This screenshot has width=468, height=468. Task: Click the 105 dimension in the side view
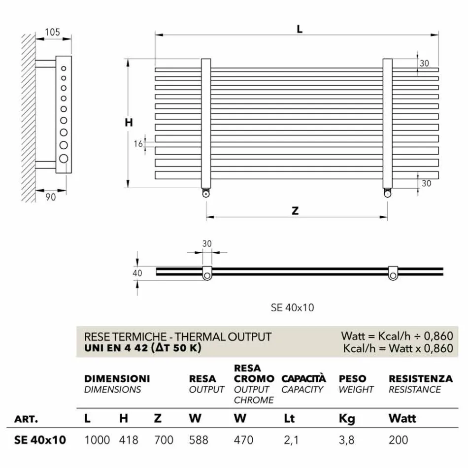tap(52, 33)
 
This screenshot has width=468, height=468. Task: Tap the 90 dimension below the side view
tap(51, 197)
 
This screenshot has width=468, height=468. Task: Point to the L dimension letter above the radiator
tap(299, 29)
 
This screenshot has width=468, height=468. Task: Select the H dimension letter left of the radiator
tap(129, 123)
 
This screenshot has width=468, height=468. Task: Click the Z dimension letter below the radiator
tap(295, 211)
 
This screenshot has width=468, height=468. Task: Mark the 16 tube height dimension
tap(138, 144)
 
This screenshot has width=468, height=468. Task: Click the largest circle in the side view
tap(64, 158)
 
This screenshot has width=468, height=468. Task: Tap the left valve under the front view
tap(205, 194)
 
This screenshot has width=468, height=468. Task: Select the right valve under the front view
tap(388, 194)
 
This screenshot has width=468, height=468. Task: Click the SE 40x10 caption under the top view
tap(292, 308)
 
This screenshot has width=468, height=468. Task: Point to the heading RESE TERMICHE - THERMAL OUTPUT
tap(178, 337)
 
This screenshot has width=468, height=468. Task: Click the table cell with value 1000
tap(97, 439)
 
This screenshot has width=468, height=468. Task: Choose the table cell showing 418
tap(129, 439)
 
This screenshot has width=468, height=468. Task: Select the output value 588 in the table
tap(199, 439)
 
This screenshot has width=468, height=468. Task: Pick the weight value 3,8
tap(346, 439)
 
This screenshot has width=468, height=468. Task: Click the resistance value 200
tap(398, 439)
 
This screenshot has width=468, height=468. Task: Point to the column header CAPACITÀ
tap(303, 379)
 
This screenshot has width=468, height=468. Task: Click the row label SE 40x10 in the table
tap(40, 439)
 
